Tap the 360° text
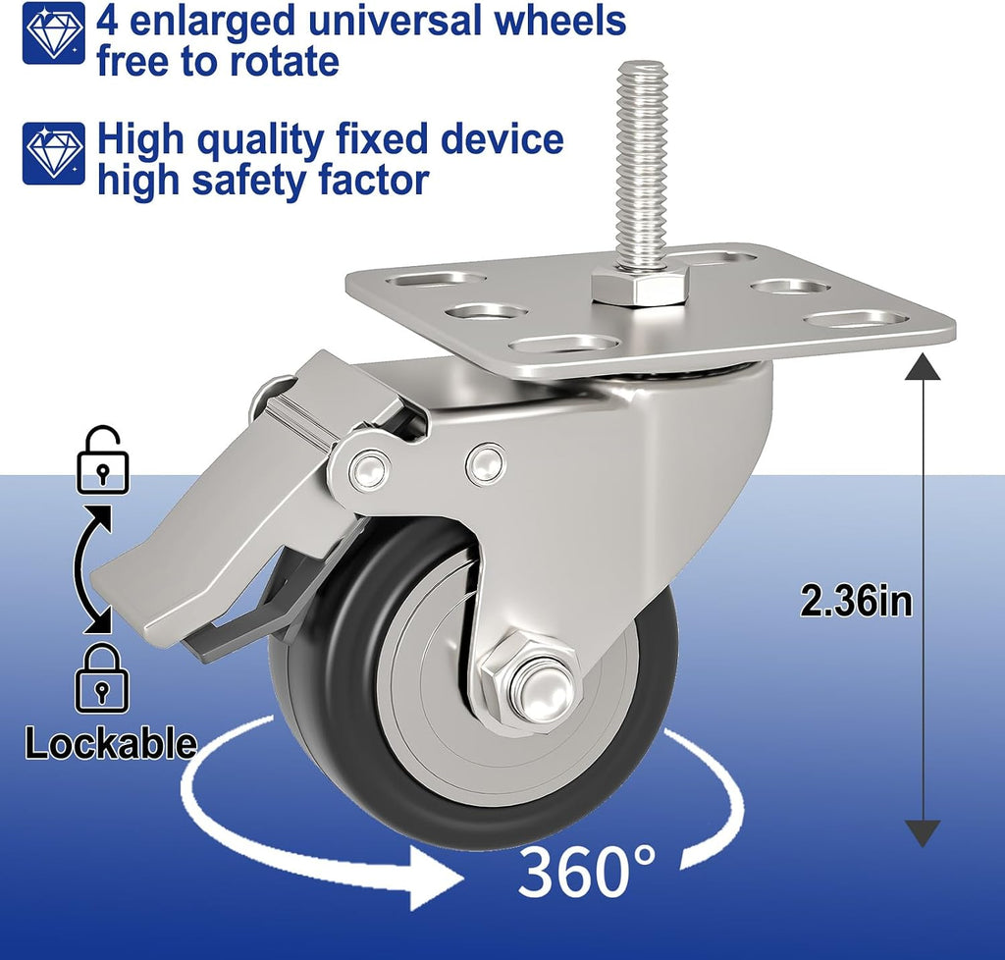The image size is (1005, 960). (x=587, y=872)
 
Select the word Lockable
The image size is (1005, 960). (x=110, y=743)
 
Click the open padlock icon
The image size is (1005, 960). (x=102, y=459)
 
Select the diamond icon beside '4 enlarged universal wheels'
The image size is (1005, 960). (x=54, y=32)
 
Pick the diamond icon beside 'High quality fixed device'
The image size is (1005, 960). (x=54, y=153)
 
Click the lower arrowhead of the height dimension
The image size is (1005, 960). (x=923, y=833)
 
